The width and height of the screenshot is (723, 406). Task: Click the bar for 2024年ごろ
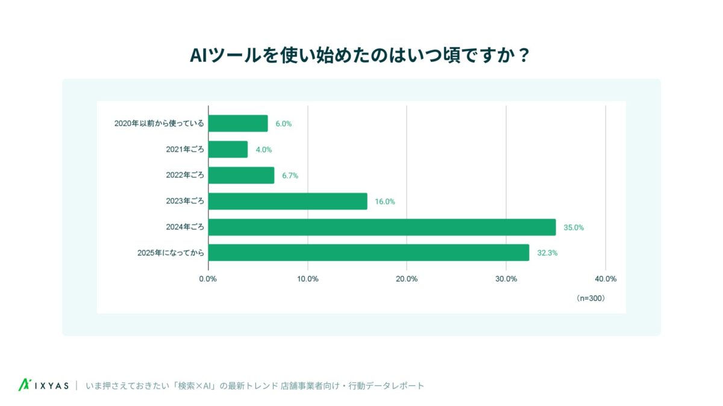[x=382, y=227]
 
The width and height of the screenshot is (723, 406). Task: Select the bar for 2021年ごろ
[x=228, y=149]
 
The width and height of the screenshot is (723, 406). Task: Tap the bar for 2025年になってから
[x=369, y=253]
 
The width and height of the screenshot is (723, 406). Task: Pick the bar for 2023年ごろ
[x=287, y=201]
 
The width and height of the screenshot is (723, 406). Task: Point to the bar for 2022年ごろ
[x=241, y=176]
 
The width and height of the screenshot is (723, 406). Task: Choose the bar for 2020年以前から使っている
[x=238, y=123]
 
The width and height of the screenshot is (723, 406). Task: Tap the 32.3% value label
[x=548, y=253]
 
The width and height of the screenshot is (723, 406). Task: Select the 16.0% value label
[x=385, y=201]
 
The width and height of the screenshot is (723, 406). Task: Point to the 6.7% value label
[x=290, y=176]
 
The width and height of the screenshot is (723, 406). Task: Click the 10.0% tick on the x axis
[x=307, y=279]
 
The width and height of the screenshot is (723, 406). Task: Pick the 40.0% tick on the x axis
[x=605, y=279]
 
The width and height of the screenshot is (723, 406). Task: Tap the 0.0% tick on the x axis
[x=208, y=279]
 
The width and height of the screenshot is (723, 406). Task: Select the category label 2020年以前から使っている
[x=159, y=124]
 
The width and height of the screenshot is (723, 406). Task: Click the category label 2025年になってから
[x=171, y=253]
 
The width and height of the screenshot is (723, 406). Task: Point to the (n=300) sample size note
[x=590, y=298]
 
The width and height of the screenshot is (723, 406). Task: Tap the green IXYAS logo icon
[x=25, y=385]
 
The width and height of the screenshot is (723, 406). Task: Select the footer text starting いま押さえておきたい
[x=255, y=386]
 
